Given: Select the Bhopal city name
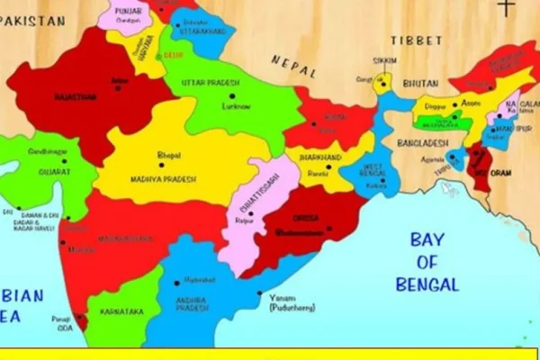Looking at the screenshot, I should point(168,155).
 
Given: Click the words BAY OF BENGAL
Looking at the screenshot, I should point(428,262).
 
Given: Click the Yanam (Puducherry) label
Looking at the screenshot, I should point(292,302).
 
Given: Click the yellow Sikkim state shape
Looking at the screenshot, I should point(382,83).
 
